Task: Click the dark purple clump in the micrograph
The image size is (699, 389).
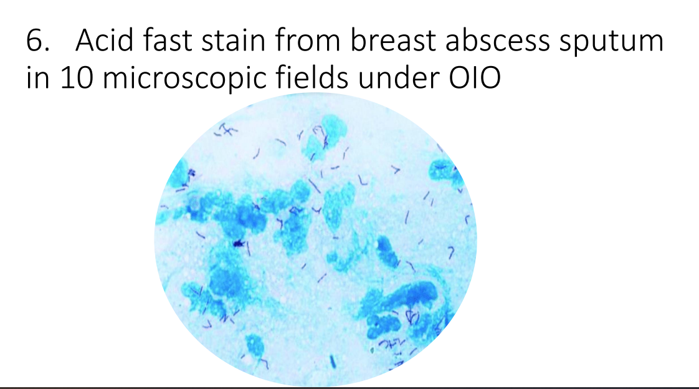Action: pyautogui.click(x=237, y=243)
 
